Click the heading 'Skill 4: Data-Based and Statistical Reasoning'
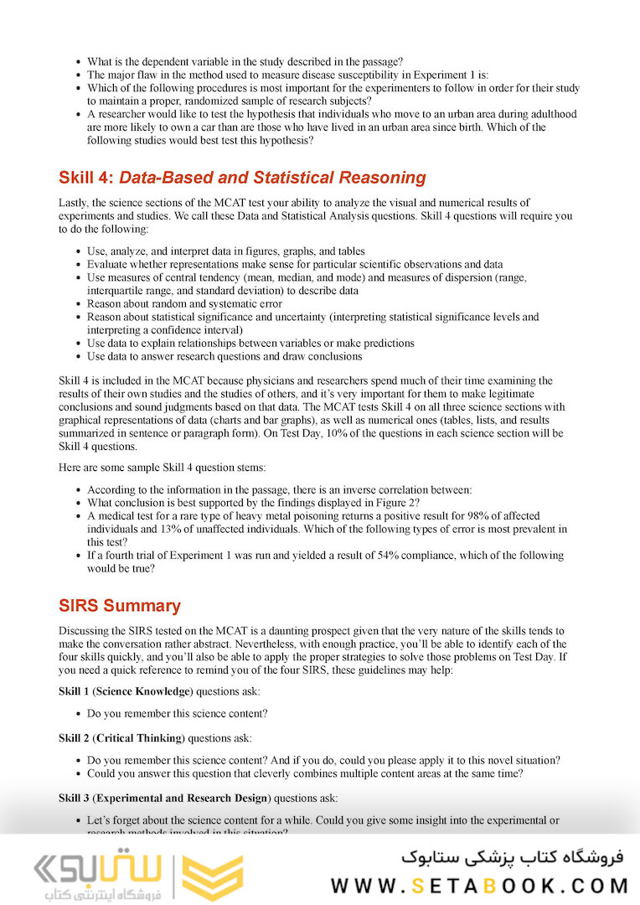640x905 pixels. click(x=242, y=178)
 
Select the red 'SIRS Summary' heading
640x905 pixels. click(x=119, y=606)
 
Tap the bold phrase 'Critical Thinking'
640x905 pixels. click(x=138, y=738)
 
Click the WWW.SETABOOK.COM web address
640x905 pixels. click(x=479, y=886)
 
